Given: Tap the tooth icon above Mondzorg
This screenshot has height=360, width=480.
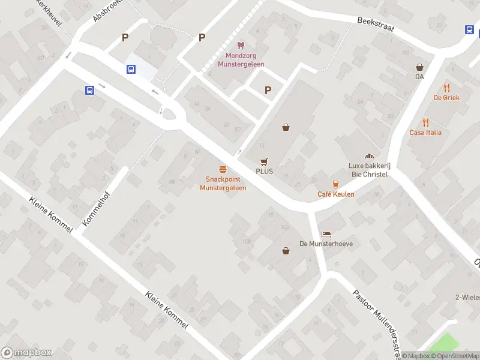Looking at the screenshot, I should click(240, 45).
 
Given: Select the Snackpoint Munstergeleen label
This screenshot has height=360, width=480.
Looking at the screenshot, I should click(223, 183).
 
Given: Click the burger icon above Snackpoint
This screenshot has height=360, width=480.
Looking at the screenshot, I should click(223, 169).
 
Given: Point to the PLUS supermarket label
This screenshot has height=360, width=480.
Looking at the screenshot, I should click(264, 171).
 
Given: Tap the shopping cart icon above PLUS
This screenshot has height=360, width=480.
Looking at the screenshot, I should click(264, 161).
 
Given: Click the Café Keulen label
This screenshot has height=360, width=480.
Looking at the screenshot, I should click(336, 194).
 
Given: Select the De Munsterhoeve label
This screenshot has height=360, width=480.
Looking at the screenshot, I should click(326, 244).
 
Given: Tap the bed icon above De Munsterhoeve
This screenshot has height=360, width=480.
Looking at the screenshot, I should click(326, 233).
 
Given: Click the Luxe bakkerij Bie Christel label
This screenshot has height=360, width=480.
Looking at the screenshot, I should click(368, 170).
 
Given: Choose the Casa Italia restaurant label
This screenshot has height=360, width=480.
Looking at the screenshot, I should click(425, 133).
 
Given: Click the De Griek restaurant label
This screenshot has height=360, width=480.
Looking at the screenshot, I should click(446, 98).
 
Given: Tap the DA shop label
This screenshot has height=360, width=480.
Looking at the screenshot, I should click(419, 77).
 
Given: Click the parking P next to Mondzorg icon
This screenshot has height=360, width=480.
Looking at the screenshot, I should click(202, 37).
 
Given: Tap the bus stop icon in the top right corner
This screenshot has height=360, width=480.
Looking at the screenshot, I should click(470, 29).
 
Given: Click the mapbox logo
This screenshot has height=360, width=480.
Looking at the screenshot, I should click(26, 353).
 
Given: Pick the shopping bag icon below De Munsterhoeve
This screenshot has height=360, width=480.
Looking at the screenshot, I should click(286, 250).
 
